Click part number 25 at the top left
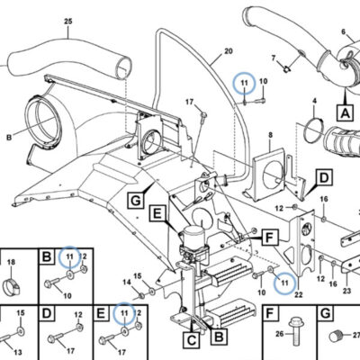point(68,22)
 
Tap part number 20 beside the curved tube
point(229,51)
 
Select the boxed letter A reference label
point(346,112)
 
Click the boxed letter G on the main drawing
point(136,200)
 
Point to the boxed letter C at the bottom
point(192,340)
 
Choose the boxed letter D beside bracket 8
point(324,178)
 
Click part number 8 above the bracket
point(270,135)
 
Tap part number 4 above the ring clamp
point(314,101)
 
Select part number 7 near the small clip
point(274,58)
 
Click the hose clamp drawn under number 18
point(11,286)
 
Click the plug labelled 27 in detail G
point(336,336)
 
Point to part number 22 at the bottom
point(299,294)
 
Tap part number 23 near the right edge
point(346,291)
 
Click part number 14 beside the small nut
point(127,282)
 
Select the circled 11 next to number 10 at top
point(245,83)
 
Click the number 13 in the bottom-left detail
point(18,352)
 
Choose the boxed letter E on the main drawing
point(157,214)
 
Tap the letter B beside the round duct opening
point(9,138)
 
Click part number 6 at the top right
point(344,32)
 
